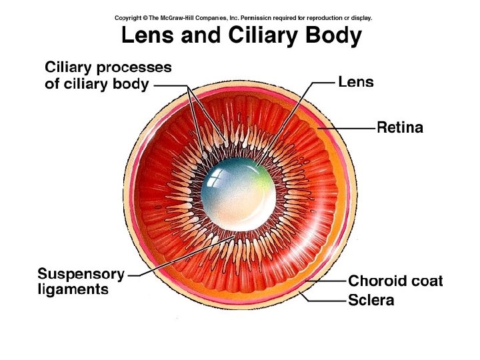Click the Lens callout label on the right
tap(356, 83)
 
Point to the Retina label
tap(400, 127)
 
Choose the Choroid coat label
tap(395, 281)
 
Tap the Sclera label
tap(371, 300)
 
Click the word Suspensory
tap(81, 274)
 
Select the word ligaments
tap(73, 289)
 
